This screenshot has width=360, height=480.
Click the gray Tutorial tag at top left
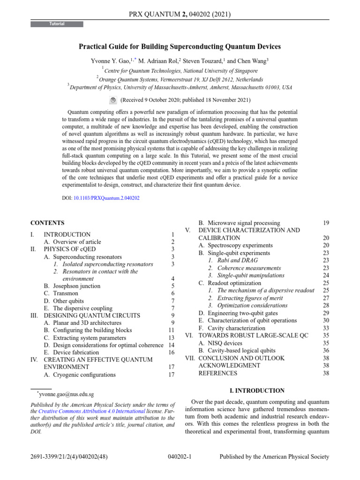click(57, 24)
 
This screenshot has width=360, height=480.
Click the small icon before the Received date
click(113, 100)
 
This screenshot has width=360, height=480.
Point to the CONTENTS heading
click(47, 223)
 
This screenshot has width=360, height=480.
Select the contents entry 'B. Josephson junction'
click(72, 286)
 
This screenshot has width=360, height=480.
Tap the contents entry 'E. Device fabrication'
click(71, 352)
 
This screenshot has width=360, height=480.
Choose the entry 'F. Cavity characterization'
click(232, 328)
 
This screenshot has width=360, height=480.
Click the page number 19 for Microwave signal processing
click(326, 223)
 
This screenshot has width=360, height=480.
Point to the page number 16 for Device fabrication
click(171, 352)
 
